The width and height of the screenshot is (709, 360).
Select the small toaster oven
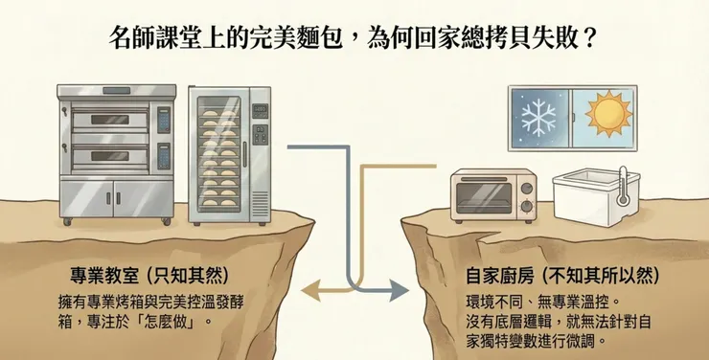pyautogui.click(x=492, y=194)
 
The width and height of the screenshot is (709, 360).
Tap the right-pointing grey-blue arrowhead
pyautogui.click(x=390, y=286)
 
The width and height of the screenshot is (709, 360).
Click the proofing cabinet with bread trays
pyautogui.click(x=229, y=153)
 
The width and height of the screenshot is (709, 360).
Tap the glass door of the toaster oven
pyautogui.click(x=482, y=196)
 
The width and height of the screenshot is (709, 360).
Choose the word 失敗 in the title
pyautogui.click(x=554, y=40)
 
